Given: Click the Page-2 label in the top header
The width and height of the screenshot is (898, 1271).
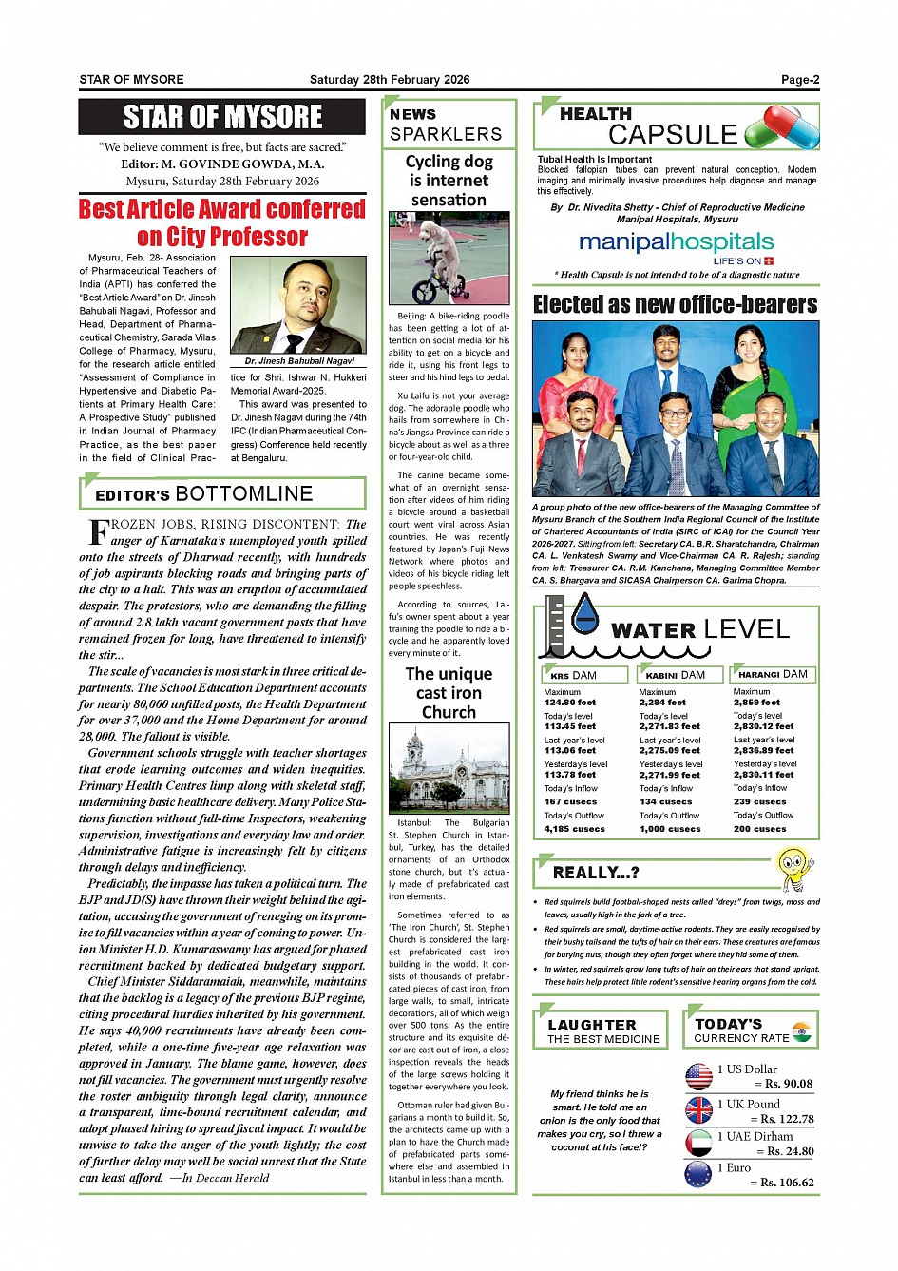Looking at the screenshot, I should [x=799, y=80].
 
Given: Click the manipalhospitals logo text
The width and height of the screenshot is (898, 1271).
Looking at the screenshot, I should [x=676, y=242].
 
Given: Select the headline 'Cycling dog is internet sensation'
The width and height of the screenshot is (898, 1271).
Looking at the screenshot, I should [x=449, y=181].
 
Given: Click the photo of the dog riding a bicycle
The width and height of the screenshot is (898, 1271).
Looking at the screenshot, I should [x=449, y=259].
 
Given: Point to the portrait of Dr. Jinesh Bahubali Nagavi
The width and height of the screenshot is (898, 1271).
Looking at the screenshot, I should [x=298, y=306].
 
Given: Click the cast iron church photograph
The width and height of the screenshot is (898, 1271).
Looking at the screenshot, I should [x=449, y=768].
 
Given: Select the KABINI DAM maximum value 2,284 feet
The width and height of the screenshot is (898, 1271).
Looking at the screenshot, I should [x=662, y=703].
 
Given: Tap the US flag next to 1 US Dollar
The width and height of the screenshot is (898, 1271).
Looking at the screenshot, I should [x=698, y=1076].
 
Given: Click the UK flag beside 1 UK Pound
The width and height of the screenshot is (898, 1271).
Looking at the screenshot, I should [x=698, y=1110].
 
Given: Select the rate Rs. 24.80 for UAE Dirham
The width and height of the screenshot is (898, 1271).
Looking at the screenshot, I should [x=786, y=1151].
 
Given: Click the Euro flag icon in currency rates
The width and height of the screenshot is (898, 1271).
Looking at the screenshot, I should [x=698, y=1174].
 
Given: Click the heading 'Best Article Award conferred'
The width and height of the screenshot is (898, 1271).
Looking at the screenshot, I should [x=222, y=209].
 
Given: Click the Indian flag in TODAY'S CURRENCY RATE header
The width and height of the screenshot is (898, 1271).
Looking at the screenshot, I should [x=803, y=1031].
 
